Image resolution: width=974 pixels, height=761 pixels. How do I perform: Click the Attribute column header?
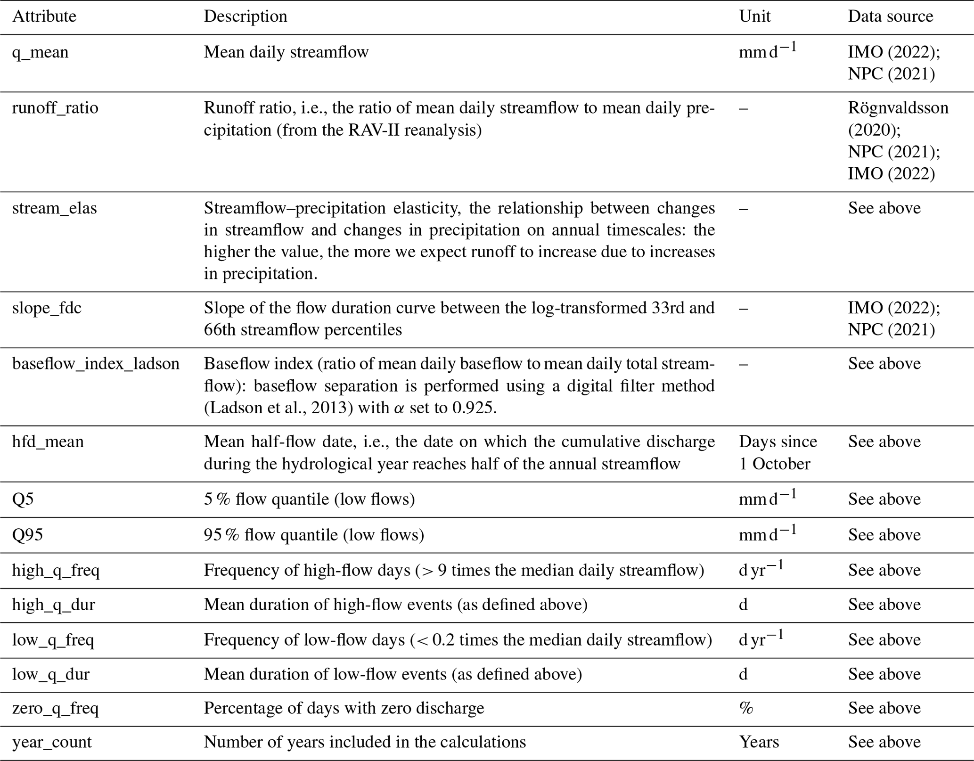44,16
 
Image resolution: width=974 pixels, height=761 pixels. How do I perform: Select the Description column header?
245,16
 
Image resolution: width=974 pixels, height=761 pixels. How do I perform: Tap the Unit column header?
754,16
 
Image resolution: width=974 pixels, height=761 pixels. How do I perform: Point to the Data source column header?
890,16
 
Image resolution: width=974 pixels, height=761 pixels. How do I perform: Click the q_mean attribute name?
40,52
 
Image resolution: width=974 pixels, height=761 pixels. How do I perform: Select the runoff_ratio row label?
55,108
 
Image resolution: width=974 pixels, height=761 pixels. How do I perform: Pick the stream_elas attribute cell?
54,208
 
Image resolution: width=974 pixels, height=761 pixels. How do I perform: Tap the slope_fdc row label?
47,308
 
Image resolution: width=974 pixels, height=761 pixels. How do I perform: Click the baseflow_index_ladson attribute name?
96,364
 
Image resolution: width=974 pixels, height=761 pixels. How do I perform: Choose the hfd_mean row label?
48,442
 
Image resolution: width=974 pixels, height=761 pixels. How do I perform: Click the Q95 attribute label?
27,535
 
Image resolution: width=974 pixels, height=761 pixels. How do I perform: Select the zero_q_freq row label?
55,708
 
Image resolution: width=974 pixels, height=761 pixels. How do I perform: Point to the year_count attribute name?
52,742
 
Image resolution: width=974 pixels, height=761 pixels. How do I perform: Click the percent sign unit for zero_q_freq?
746,708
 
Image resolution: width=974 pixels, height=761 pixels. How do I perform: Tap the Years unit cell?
759,742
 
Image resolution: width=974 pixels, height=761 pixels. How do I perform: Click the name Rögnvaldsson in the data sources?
898,108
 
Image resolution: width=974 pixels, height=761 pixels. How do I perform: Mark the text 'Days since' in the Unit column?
778,442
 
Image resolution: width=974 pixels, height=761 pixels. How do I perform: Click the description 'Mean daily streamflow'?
286,52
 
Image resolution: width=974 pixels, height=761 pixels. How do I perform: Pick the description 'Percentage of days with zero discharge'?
344,708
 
